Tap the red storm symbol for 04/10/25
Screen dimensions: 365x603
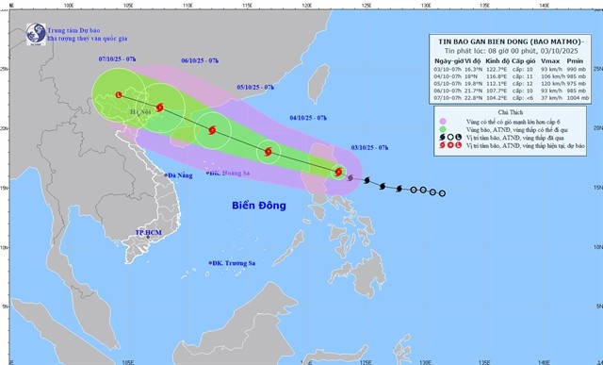point(267,152)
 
